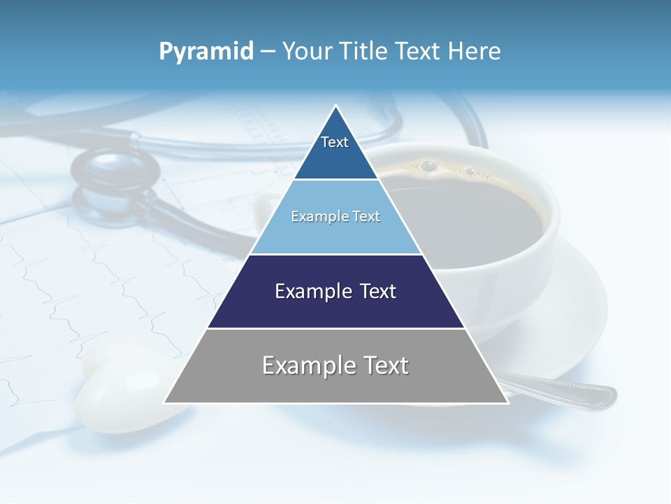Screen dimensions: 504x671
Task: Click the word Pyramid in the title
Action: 206,52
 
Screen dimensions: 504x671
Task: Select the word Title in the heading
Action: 368,51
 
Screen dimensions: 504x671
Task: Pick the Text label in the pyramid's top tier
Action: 335,142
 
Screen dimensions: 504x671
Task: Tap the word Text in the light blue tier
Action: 366,217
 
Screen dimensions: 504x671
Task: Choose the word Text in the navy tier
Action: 378,292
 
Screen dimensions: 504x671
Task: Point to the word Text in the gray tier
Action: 387,365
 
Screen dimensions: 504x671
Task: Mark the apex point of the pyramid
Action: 336,106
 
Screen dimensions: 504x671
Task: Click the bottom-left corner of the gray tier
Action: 164,402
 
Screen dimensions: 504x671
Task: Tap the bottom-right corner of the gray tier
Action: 507,402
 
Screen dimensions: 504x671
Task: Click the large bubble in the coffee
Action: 428,166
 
